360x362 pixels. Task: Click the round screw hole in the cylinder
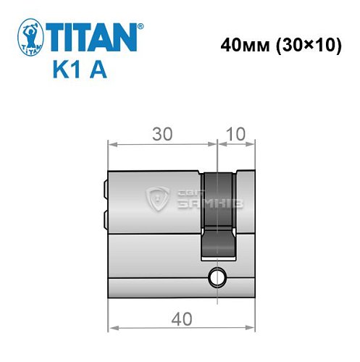pyautogui.click(x=215, y=276)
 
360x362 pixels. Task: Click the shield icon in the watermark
pyautogui.click(x=157, y=196)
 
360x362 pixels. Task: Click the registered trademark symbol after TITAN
pyautogui.click(x=141, y=26)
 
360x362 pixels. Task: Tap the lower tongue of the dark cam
pyautogui.click(x=218, y=243)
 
